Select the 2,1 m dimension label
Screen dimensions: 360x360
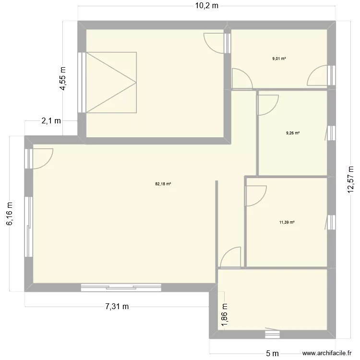(51, 121)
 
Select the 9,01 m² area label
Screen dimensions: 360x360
(279, 59)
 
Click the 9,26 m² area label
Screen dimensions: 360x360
(293, 133)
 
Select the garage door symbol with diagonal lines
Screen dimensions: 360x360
(110, 83)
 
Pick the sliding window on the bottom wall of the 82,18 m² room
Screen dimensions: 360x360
(121, 287)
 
